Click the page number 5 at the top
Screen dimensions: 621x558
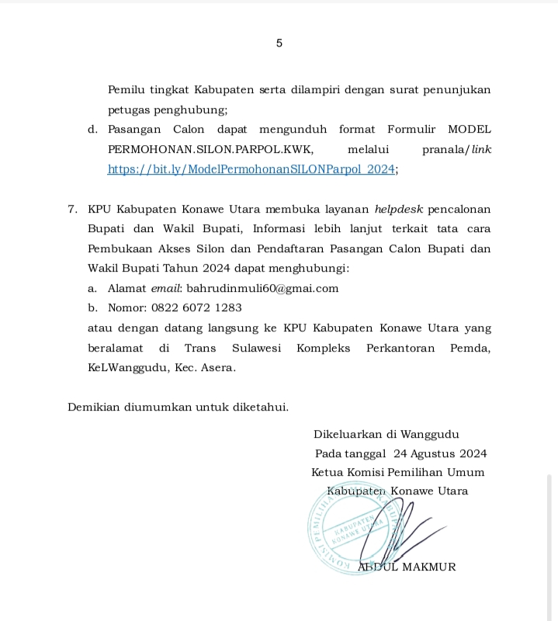pos(279,43)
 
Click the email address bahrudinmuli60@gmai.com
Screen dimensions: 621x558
pos(262,288)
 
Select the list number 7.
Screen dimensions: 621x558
pos(72,210)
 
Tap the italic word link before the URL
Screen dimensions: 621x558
pos(481,149)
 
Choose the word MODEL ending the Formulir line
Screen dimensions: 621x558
pos(470,129)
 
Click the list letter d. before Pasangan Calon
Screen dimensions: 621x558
pos(92,129)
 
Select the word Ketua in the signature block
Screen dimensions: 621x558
pos(327,472)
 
